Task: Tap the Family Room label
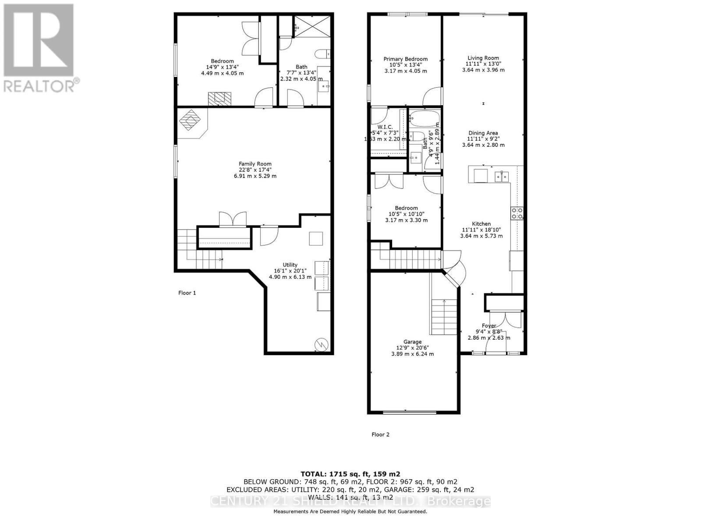255,164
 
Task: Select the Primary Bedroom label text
405,59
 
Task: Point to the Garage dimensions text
412,354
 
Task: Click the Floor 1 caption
187,293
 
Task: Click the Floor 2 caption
380,434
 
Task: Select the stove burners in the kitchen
517,213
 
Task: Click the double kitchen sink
502,177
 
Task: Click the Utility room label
290,265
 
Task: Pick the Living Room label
483,58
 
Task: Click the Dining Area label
483,133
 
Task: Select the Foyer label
489,326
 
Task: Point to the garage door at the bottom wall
410,412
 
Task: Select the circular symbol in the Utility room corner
322,344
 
